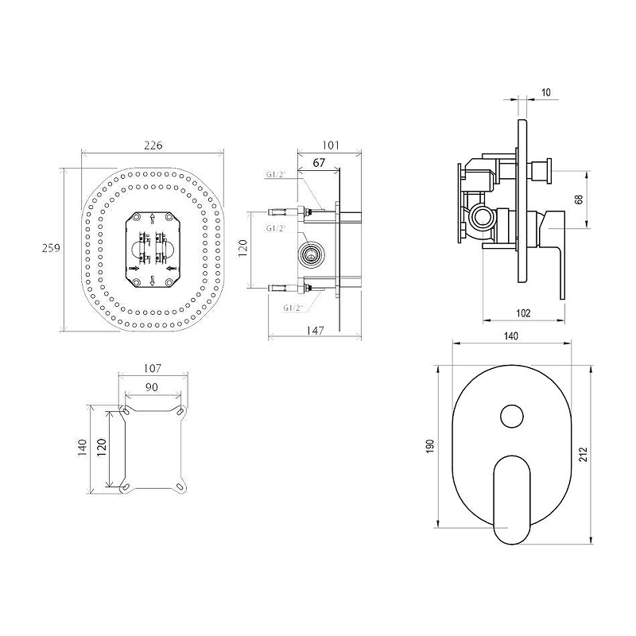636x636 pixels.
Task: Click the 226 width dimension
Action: click(153, 145)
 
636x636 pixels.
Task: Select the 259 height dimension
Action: click(51, 247)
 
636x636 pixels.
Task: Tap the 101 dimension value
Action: click(331, 145)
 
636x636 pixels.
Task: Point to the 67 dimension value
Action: click(320, 162)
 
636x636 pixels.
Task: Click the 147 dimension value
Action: click(315, 331)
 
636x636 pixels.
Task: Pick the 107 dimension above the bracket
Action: click(153, 368)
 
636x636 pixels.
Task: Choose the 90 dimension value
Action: click(152, 387)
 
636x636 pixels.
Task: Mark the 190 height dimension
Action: click(430, 446)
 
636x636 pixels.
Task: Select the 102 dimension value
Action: click(523, 313)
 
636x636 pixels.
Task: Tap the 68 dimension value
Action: click(580, 200)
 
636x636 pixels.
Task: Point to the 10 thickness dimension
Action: click(546, 92)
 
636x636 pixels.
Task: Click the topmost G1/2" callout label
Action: click(276, 175)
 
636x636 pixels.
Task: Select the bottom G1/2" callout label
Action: click(293, 308)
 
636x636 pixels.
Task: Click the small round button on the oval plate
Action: click(511, 416)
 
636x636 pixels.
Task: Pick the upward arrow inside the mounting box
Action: click(152, 219)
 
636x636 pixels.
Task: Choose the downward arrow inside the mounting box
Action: click(152, 281)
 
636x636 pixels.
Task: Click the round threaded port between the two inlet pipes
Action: click(311, 254)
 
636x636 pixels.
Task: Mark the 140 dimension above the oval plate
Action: click(511, 335)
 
